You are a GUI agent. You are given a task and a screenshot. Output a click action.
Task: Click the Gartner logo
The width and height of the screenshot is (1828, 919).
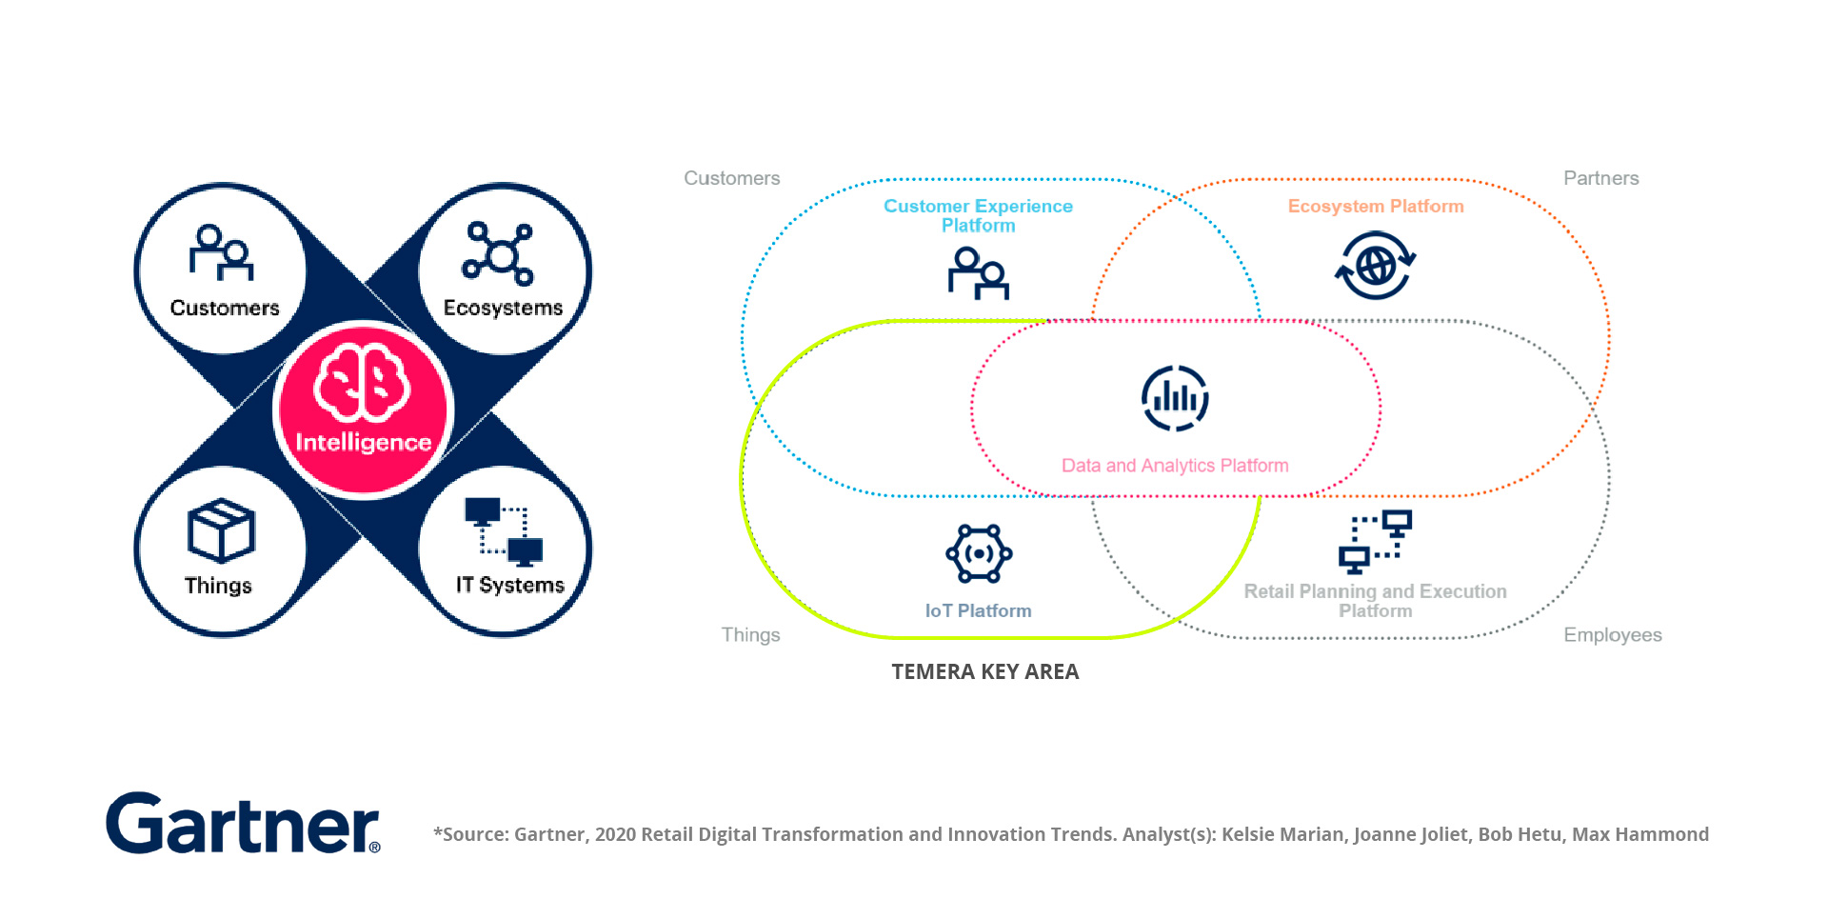243,824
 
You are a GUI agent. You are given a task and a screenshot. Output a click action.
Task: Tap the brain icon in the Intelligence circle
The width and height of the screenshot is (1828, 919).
363,382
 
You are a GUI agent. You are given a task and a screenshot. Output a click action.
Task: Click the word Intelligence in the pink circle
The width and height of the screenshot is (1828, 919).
363,443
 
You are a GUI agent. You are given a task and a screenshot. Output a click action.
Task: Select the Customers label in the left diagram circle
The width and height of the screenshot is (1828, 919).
225,308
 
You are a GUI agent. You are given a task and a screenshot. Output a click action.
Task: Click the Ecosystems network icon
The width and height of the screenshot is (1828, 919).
497,253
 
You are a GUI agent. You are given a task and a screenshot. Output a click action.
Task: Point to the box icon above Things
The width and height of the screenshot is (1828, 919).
221,530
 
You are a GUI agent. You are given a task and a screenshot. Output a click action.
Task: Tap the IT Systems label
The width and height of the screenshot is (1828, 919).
509,585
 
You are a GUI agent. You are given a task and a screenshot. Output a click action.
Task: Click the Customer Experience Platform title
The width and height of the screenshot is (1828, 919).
978,215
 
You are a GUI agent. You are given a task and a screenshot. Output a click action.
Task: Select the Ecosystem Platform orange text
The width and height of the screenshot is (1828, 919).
1375,207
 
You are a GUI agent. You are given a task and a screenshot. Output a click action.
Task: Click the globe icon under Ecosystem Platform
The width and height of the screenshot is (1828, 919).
1375,267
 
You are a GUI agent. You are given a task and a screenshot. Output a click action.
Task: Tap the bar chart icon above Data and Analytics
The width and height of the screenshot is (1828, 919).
1175,398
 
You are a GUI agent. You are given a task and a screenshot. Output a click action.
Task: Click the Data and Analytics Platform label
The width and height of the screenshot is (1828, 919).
1175,466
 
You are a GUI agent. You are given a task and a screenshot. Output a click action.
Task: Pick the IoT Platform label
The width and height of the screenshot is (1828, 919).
978,611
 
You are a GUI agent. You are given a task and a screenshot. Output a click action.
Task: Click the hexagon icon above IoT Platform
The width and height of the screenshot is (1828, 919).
978,553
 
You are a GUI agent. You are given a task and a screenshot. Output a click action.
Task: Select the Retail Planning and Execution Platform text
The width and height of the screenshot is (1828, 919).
1375,601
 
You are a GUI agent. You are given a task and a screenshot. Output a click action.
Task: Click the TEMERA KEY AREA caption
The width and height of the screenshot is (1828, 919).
984,672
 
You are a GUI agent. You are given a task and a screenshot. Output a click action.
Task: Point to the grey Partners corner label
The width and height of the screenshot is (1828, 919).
1600,178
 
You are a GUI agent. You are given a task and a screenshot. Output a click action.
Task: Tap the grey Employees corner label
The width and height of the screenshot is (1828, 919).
1612,635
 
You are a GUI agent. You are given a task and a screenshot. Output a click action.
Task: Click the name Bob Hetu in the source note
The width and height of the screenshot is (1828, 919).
1520,834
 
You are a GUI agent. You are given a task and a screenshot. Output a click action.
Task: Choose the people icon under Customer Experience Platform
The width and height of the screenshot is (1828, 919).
978,273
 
